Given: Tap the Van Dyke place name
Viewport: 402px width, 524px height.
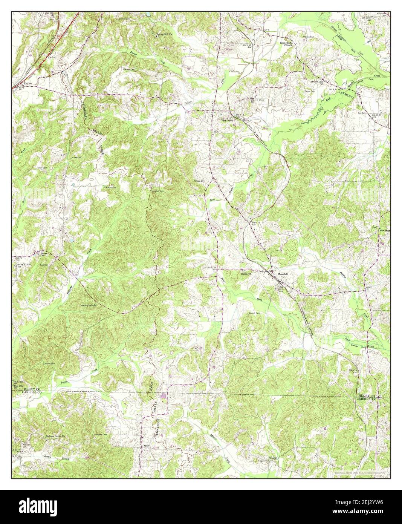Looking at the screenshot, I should (227, 121).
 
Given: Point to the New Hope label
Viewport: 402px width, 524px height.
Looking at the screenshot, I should (384, 230).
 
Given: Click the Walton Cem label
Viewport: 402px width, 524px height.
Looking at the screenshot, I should (110, 187).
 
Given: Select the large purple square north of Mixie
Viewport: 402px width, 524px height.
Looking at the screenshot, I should (163, 395).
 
